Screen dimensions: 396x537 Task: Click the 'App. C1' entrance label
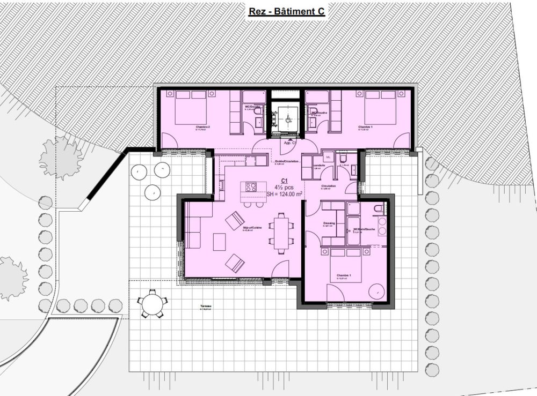coord(291,143)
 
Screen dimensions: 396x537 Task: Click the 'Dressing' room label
coord(329,223)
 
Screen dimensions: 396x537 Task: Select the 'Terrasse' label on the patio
coord(205,307)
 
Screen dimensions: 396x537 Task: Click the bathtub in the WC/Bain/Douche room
coord(355,231)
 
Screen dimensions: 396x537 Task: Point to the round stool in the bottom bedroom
coord(378,291)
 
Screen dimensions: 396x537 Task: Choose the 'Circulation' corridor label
coord(329,186)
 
